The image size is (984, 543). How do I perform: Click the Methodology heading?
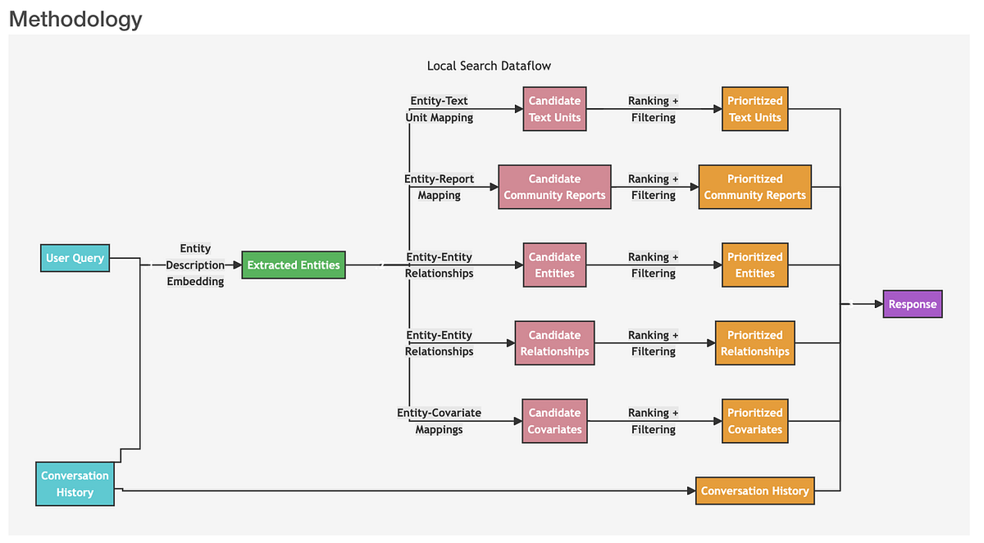pos(75,19)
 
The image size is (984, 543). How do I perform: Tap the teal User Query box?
pos(75,258)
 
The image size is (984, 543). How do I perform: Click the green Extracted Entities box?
pos(294,265)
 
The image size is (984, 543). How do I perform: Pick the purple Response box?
pos(912,304)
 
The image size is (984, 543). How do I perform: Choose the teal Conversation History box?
pos(75,483)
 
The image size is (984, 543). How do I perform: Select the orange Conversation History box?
pos(754,491)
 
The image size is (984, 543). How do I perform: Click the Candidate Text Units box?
pos(554,109)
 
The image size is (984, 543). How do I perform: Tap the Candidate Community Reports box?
pos(554,187)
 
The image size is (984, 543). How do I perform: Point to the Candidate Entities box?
pos(554,265)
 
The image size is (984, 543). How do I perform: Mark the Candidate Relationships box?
pos(554,342)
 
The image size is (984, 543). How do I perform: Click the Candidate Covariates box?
pos(554,421)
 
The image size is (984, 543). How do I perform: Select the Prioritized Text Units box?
pos(754,109)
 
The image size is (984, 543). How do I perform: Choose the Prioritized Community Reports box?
pos(754,187)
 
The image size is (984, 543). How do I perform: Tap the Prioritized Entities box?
pos(754,265)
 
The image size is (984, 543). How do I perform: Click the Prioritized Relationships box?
pos(754,342)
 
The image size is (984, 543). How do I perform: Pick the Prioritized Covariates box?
pos(754,421)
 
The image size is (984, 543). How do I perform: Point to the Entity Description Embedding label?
pos(195,265)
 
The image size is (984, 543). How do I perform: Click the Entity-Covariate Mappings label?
pos(439,421)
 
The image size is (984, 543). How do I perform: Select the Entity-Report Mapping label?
pos(439,187)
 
